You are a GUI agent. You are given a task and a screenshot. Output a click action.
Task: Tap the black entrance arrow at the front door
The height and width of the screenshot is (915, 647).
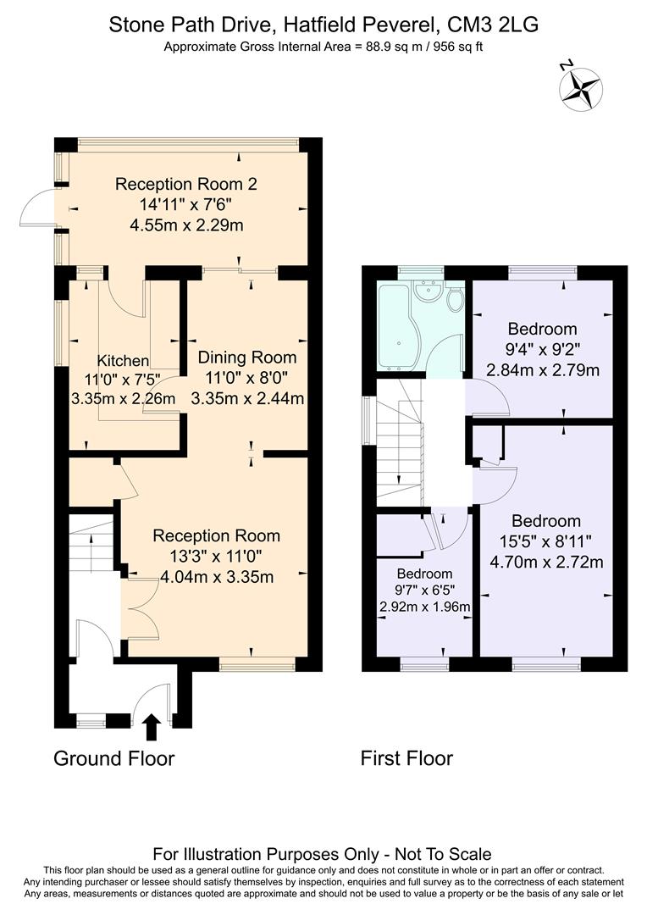pos(152,726)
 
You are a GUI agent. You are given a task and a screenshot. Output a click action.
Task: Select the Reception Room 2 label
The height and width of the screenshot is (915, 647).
pos(185,184)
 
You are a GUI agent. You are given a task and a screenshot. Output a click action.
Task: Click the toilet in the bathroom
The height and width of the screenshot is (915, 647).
pos(455,299)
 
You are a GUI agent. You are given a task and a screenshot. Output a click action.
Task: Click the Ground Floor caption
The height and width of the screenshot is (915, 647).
pos(113,757)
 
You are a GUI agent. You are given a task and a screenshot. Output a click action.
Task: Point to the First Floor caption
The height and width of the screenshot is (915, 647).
pos(406,757)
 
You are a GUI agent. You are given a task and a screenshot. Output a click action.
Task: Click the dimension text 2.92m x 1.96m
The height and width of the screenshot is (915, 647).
pos(424,607)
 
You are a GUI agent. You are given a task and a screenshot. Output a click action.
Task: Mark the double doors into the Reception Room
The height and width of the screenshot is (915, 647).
pos(140,609)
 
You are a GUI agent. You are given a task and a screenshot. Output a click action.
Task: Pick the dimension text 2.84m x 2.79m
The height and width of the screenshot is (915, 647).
pos(542,369)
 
